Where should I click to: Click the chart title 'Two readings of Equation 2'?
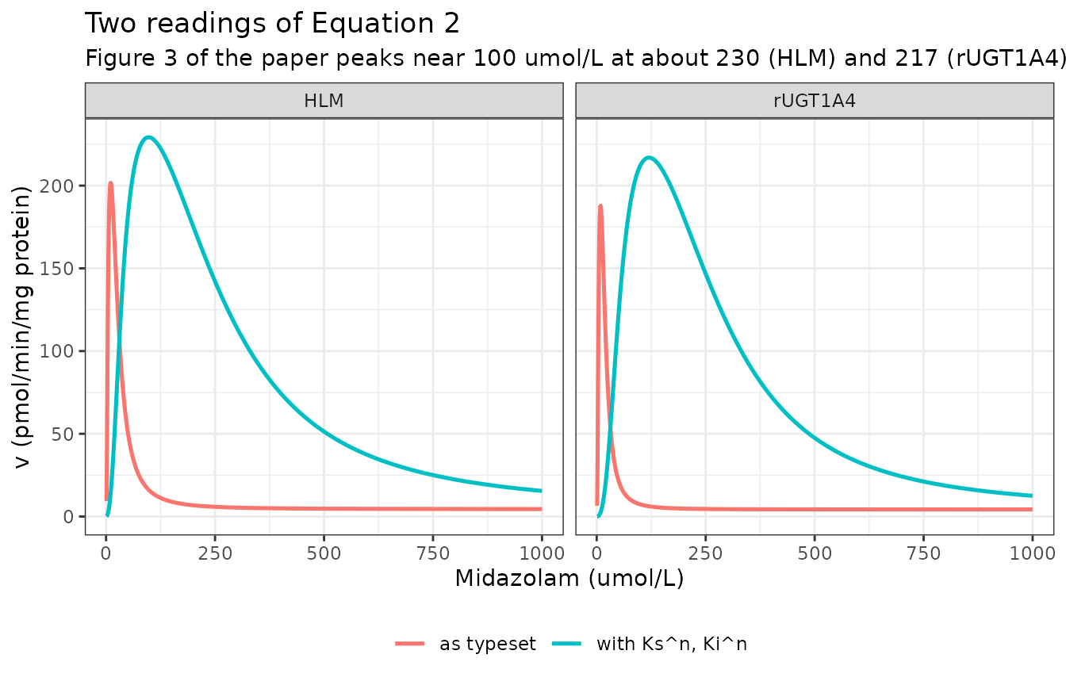click(x=272, y=24)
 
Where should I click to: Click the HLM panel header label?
click(x=324, y=101)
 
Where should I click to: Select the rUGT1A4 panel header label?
click(x=815, y=101)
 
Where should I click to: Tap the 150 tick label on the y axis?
click(x=56, y=269)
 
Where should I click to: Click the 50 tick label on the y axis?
click(x=62, y=434)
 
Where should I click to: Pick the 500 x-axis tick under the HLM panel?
click(x=324, y=553)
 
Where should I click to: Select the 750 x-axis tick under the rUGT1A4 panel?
click(x=923, y=553)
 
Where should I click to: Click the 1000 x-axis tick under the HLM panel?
click(x=542, y=553)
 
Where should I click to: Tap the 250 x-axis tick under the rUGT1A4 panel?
click(x=705, y=553)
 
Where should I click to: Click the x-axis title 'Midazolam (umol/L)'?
click(x=569, y=579)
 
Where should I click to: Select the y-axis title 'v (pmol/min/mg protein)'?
click(x=23, y=327)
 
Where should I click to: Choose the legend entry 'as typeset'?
click(x=487, y=644)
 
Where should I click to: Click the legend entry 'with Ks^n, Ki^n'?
click(x=672, y=644)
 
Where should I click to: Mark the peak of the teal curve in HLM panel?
click(x=149, y=137)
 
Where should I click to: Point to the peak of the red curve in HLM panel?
click(x=110, y=182)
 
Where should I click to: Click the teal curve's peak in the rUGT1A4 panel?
click(x=649, y=158)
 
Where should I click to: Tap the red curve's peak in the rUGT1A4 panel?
click(x=600, y=206)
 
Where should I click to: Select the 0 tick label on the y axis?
click(x=68, y=517)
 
